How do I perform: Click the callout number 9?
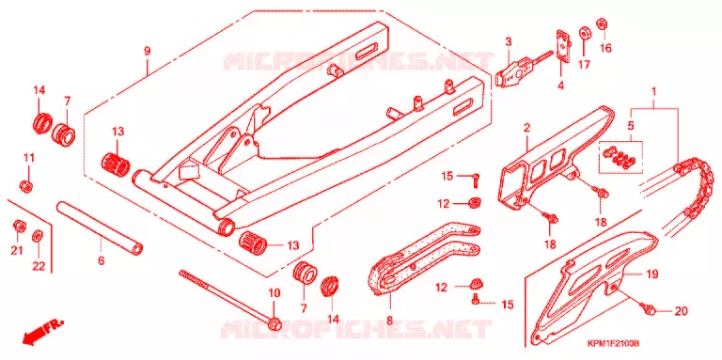(x=147, y=51)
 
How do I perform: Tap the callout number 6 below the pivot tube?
(x=101, y=261)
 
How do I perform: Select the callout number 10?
(x=274, y=292)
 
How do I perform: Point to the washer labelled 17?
(x=584, y=34)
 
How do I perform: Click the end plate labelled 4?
(x=564, y=45)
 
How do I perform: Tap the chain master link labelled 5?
(x=620, y=156)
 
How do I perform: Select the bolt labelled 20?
(x=650, y=310)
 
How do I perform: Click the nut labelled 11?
(x=25, y=186)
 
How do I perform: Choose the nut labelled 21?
(x=20, y=226)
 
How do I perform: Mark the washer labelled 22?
(x=38, y=237)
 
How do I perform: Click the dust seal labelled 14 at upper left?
(x=42, y=122)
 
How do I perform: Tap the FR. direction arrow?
(x=41, y=332)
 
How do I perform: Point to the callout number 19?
(x=651, y=274)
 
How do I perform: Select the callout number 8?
(x=389, y=321)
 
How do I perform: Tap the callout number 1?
(x=654, y=91)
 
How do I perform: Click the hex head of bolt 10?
(x=274, y=323)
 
